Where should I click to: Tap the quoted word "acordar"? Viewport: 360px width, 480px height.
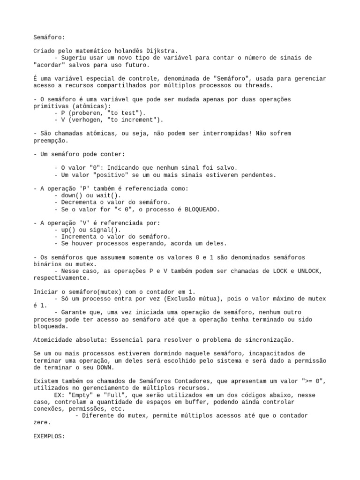[49, 65]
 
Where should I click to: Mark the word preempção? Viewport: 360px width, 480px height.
[51, 140]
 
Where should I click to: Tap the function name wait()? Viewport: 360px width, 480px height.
[109, 195]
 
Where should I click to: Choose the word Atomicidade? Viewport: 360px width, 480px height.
[54, 340]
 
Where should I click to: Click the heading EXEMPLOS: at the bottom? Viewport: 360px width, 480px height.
[49, 436]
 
